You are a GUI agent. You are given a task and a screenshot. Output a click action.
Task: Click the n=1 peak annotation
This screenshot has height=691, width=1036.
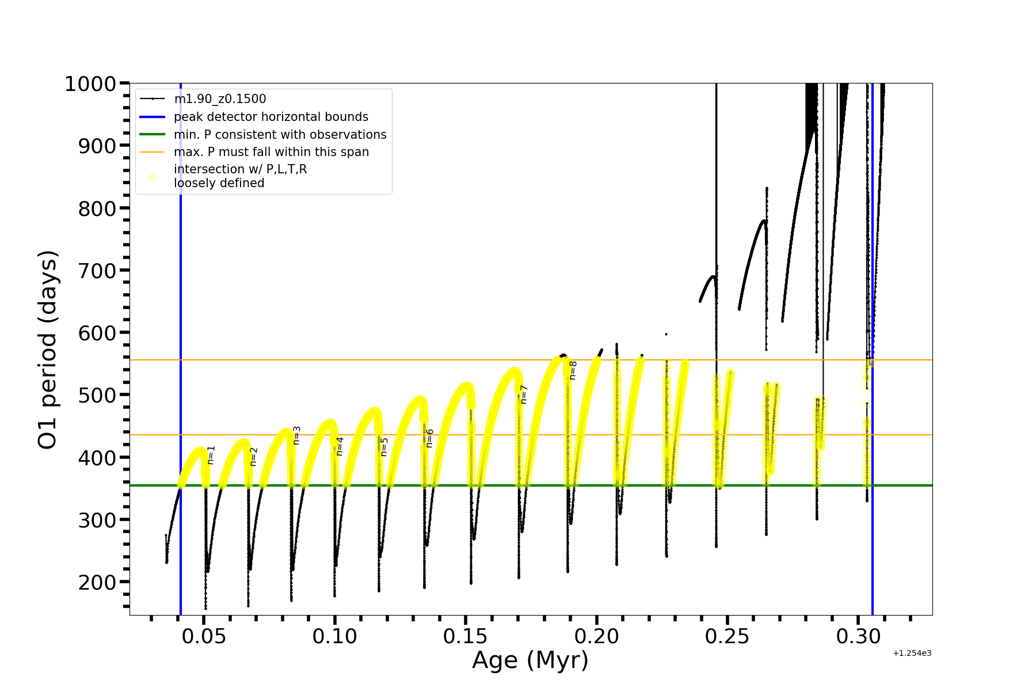point(211,454)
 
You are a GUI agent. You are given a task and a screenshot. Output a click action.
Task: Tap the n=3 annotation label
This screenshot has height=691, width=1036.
point(296,435)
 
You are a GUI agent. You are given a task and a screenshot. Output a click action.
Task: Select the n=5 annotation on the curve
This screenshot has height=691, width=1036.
point(384,447)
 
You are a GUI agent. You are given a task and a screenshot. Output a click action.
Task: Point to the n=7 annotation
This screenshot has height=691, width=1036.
point(523,394)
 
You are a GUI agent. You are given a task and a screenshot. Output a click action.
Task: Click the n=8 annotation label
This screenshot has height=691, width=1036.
point(573,370)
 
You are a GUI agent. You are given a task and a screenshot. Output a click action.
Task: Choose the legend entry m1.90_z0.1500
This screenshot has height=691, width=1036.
point(220,99)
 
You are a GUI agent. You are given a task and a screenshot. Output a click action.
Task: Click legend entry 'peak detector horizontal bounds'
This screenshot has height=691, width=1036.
point(271,117)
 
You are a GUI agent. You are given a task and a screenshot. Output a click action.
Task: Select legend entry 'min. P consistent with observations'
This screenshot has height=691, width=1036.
point(280,135)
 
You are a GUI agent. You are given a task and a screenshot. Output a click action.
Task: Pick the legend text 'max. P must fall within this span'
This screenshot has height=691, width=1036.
point(271,152)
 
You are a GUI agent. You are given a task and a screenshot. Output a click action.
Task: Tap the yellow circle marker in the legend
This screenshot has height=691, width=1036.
point(153,177)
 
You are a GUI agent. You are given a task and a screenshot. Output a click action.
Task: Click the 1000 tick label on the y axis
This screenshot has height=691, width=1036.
point(90,84)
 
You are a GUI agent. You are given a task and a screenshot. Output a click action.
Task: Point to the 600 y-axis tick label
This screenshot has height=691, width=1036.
point(97,333)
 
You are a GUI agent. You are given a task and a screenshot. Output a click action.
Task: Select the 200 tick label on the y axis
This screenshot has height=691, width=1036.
point(97,582)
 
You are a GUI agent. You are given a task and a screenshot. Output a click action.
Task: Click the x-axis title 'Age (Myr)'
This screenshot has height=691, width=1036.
point(530,660)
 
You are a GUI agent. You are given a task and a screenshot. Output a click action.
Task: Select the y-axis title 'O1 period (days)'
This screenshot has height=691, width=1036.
point(47,350)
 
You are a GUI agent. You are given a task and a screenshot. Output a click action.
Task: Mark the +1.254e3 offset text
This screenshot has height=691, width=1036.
point(912,653)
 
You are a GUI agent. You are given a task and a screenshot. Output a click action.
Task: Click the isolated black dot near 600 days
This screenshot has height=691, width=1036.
point(666,334)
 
